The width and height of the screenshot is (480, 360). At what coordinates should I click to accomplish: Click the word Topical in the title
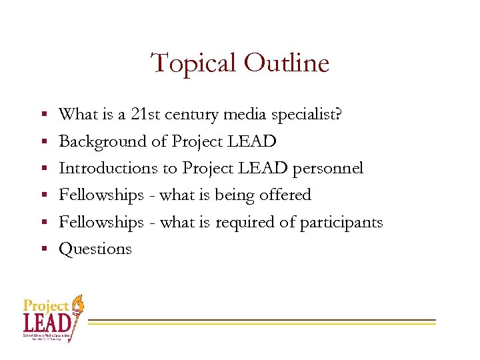[x=194, y=63]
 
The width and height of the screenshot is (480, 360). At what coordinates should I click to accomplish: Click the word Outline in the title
[x=287, y=63]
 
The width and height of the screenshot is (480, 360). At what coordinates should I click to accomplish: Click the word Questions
[x=95, y=249]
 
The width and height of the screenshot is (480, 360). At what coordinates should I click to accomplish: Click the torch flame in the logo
[x=79, y=303]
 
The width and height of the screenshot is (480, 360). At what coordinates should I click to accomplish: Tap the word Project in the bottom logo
[x=46, y=306]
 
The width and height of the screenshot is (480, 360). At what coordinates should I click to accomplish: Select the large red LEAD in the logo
[x=47, y=323]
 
